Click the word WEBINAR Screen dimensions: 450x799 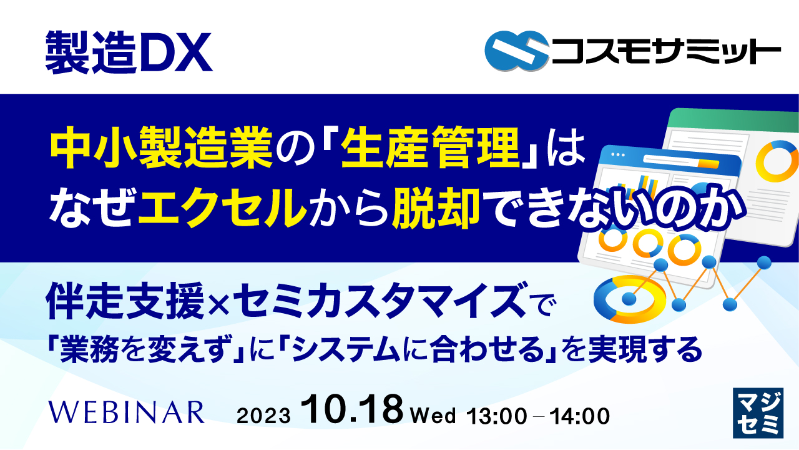point(127,413)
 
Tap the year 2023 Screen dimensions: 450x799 point(264,416)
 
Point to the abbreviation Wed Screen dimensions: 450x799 point(433,415)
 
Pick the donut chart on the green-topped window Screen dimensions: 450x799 point(778,161)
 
